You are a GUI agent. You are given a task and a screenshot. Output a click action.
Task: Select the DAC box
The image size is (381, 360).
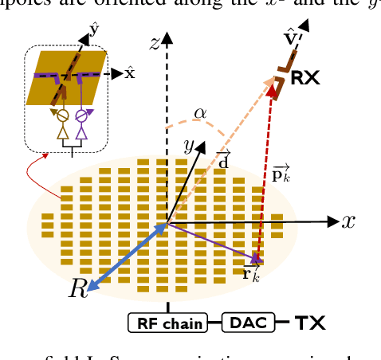tap(246, 323)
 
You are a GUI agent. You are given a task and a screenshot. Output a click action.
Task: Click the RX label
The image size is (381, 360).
tap(307, 77)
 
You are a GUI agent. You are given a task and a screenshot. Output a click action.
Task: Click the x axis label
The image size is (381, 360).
tap(348, 221)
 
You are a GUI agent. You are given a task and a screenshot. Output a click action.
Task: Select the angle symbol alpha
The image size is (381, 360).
tap(200, 113)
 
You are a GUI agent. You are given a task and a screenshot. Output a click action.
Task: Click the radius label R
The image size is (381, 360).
tap(77, 289)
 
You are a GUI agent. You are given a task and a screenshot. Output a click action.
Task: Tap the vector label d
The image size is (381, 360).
tap(224, 159)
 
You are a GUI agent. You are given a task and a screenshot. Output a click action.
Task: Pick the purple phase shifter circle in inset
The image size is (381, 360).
tap(81, 115)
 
